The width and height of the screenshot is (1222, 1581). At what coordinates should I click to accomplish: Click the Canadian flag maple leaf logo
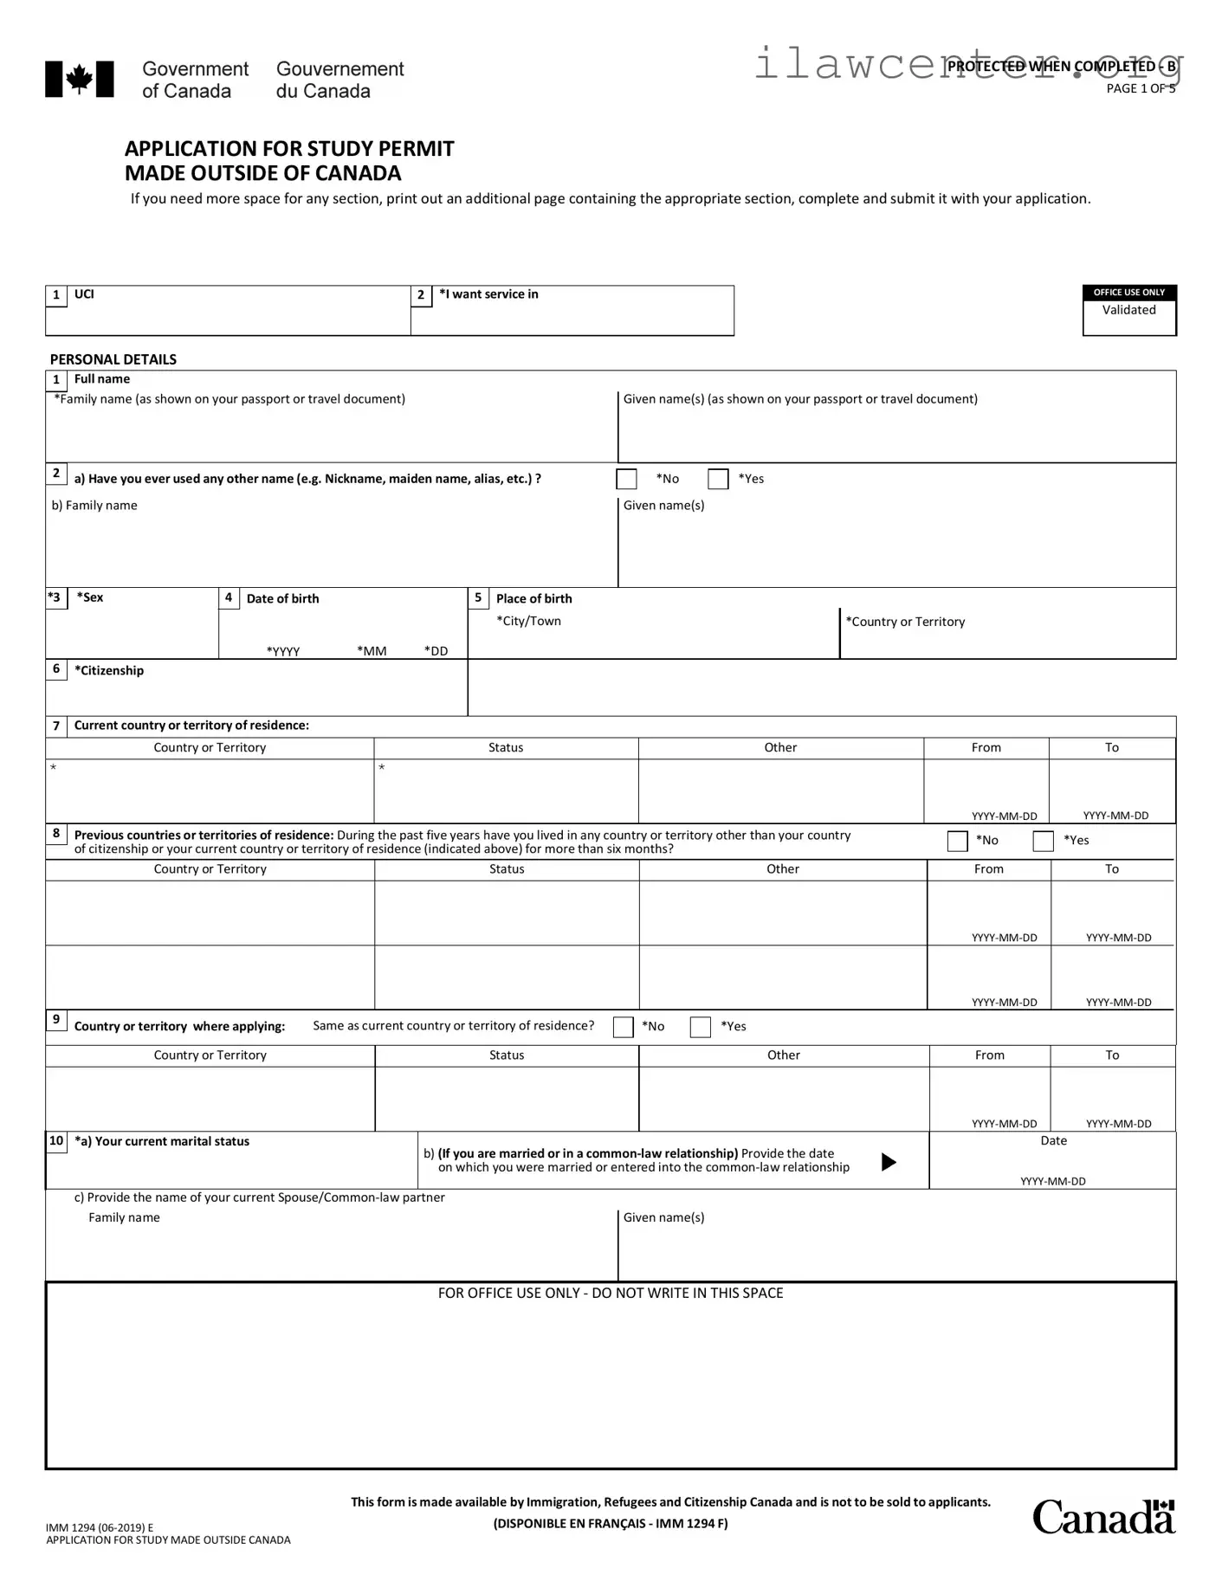(79, 80)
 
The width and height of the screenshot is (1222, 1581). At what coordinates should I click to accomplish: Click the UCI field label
(84, 294)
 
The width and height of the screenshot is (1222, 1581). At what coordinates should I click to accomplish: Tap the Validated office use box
(1128, 311)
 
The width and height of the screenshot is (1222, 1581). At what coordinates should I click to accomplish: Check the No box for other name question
(626, 479)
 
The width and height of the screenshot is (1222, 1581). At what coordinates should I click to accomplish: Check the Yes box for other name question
(718, 479)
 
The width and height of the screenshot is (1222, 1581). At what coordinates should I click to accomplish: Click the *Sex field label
(90, 597)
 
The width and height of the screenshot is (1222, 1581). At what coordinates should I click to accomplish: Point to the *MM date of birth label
(372, 651)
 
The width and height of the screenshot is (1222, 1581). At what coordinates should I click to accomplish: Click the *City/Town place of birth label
(528, 621)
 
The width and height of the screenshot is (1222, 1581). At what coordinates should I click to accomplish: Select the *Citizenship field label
(109, 670)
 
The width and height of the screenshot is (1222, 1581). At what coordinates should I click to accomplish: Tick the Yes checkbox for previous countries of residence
(1044, 841)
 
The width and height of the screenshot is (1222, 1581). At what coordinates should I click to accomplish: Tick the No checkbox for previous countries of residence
(957, 841)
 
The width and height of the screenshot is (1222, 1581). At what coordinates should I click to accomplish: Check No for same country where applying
(624, 1027)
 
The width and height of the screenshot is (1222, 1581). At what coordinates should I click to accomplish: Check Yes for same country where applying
(701, 1027)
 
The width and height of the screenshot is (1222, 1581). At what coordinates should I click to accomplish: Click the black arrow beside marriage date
(889, 1162)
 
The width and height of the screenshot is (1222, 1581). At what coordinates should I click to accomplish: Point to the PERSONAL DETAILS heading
(113, 359)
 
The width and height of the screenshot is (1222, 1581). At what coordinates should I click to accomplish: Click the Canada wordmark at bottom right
(1103, 1517)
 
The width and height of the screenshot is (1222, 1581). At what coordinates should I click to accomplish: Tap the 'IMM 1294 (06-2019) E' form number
(100, 1527)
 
